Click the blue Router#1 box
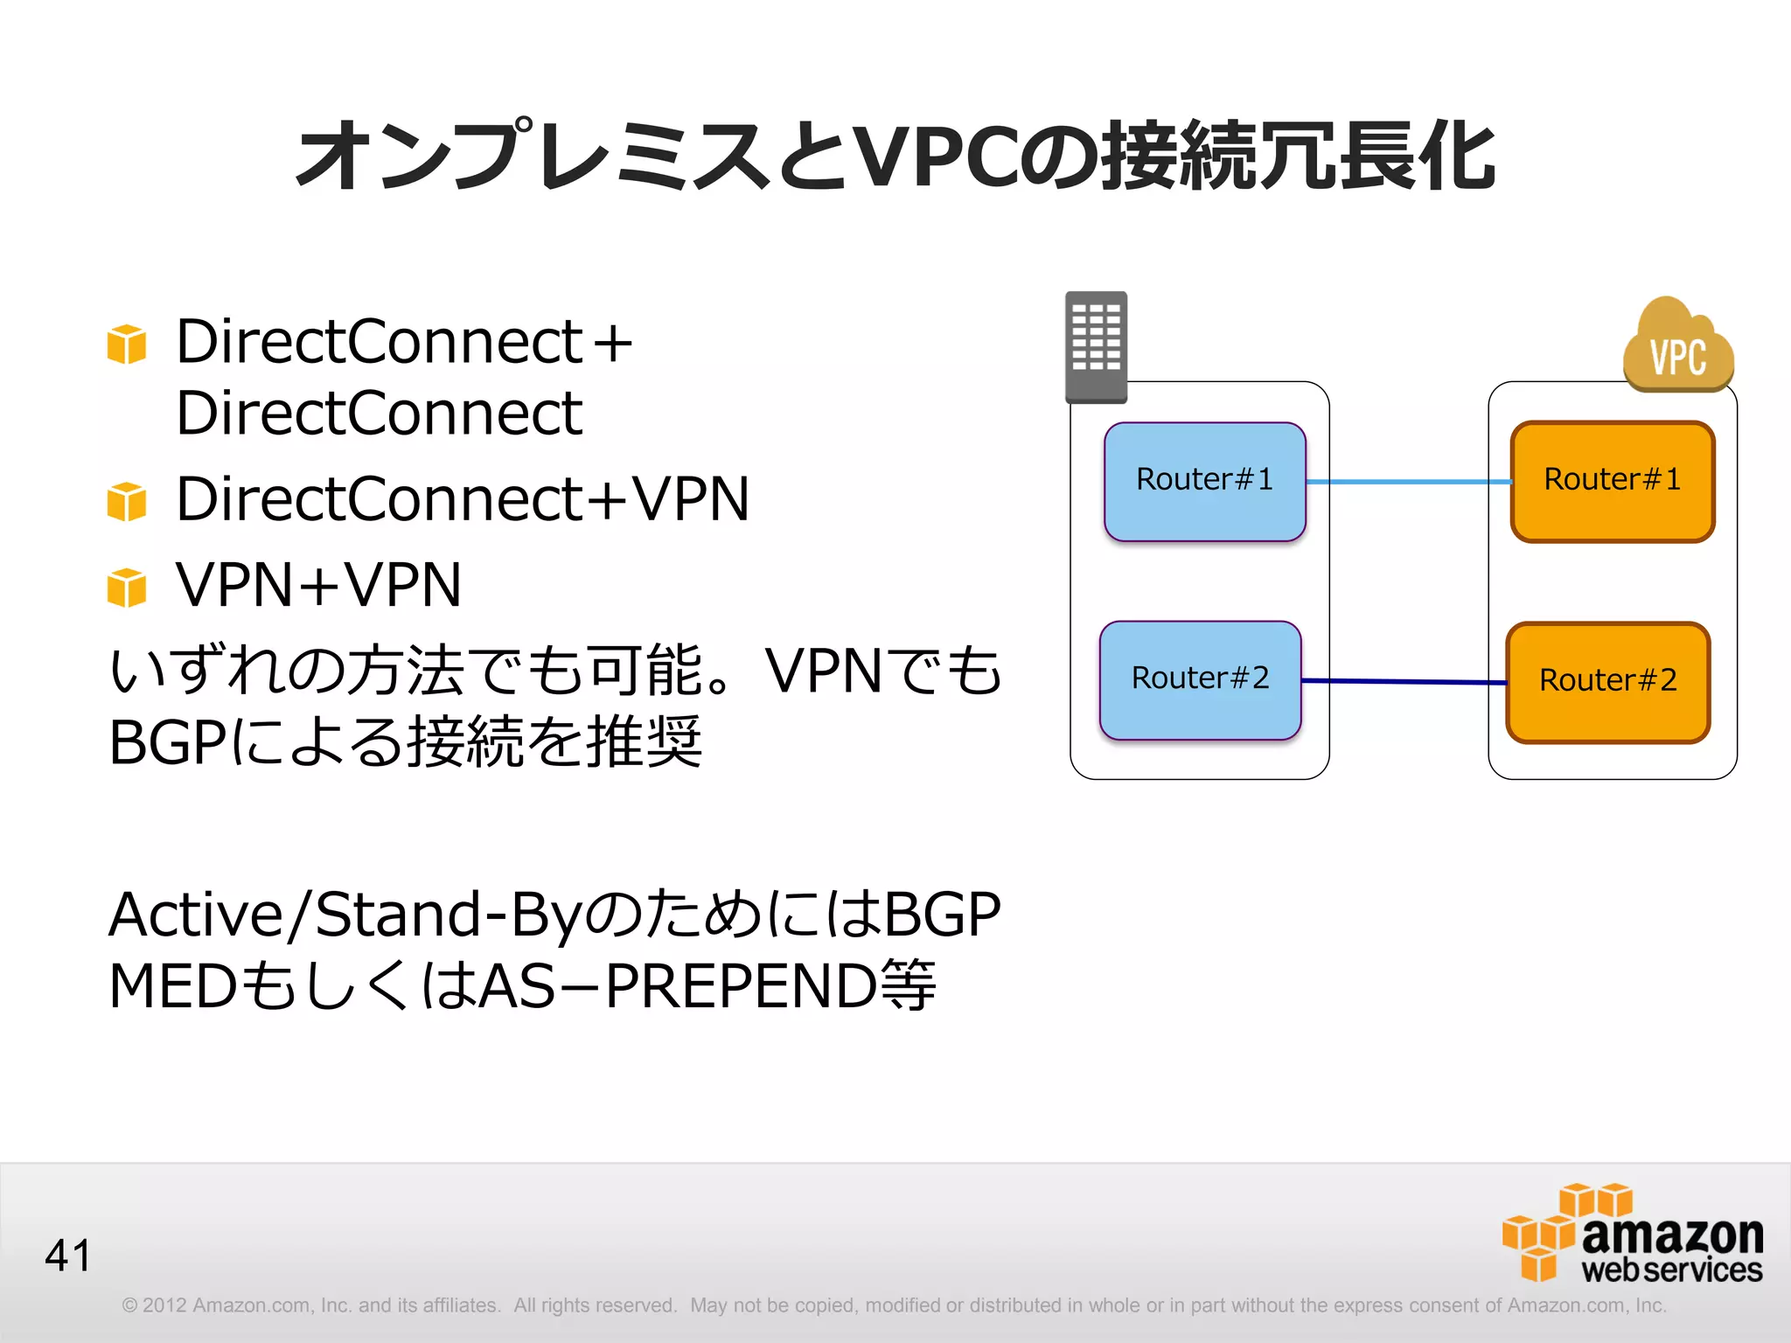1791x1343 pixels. click(1204, 482)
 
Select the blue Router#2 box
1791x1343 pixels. click(1200, 680)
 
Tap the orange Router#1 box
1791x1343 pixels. click(1612, 482)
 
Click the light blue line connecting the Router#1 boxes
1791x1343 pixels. click(1408, 482)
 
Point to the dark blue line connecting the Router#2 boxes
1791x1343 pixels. click(1404, 681)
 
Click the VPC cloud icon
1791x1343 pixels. click(1678, 348)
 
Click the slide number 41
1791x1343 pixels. click(68, 1256)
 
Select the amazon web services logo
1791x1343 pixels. click(1634, 1234)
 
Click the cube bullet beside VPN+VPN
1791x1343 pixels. click(127, 587)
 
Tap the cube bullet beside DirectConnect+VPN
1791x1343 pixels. click(127, 501)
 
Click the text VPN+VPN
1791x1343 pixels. click(318, 585)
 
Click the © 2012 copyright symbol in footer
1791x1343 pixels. click(130, 1305)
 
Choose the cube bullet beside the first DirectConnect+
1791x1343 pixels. click(127, 344)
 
